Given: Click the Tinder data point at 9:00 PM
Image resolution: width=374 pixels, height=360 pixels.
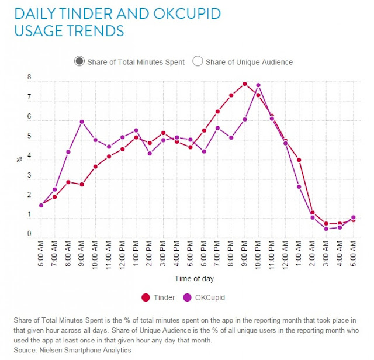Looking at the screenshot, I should click(245, 84).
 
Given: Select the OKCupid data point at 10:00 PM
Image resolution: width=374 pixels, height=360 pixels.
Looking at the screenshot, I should click(258, 85).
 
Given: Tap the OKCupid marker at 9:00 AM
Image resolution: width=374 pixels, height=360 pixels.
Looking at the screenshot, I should click(82, 122).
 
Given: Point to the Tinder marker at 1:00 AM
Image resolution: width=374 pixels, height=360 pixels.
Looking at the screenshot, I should click(299, 160).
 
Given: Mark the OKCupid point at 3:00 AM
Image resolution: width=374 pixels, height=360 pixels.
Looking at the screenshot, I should click(326, 229).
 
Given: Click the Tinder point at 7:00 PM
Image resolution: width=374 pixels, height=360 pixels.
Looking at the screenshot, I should click(217, 111).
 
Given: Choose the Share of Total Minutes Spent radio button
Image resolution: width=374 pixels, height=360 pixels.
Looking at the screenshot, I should click(80, 61).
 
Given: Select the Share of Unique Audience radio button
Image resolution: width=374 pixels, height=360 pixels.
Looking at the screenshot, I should click(198, 61).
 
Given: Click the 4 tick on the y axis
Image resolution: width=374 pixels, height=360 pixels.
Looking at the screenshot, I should click(29, 157).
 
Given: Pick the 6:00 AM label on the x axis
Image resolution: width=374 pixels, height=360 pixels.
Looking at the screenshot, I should click(41, 254).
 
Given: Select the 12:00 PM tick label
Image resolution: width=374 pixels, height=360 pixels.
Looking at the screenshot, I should click(123, 255).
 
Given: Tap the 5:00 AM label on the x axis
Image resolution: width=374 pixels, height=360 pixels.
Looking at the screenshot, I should click(354, 254).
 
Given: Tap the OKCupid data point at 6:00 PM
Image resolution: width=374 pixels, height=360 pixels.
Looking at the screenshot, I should click(204, 151).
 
